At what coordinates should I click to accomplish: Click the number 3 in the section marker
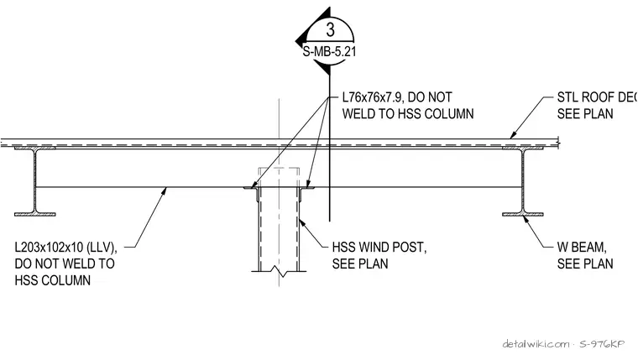(x=330, y=29)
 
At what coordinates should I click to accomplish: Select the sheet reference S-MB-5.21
(x=330, y=52)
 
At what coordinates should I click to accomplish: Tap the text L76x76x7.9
(x=372, y=97)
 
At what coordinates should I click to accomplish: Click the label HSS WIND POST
(x=379, y=247)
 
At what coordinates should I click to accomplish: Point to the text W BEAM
(x=582, y=247)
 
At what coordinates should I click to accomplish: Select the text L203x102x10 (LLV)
(x=66, y=248)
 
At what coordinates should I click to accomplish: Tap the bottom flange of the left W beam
(x=35, y=214)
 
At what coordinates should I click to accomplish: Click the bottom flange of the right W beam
(x=523, y=214)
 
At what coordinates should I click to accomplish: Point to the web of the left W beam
(x=35, y=181)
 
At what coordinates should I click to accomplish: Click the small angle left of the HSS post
(x=253, y=191)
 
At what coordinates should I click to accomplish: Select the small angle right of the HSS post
(x=306, y=191)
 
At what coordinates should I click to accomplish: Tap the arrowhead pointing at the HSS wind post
(x=302, y=223)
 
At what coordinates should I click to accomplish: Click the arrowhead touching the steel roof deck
(x=514, y=134)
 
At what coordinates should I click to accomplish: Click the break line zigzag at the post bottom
(x=279, y=271)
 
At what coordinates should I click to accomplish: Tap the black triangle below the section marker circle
(x=323, y=68)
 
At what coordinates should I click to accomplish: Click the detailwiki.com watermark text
(x=536, y=344)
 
